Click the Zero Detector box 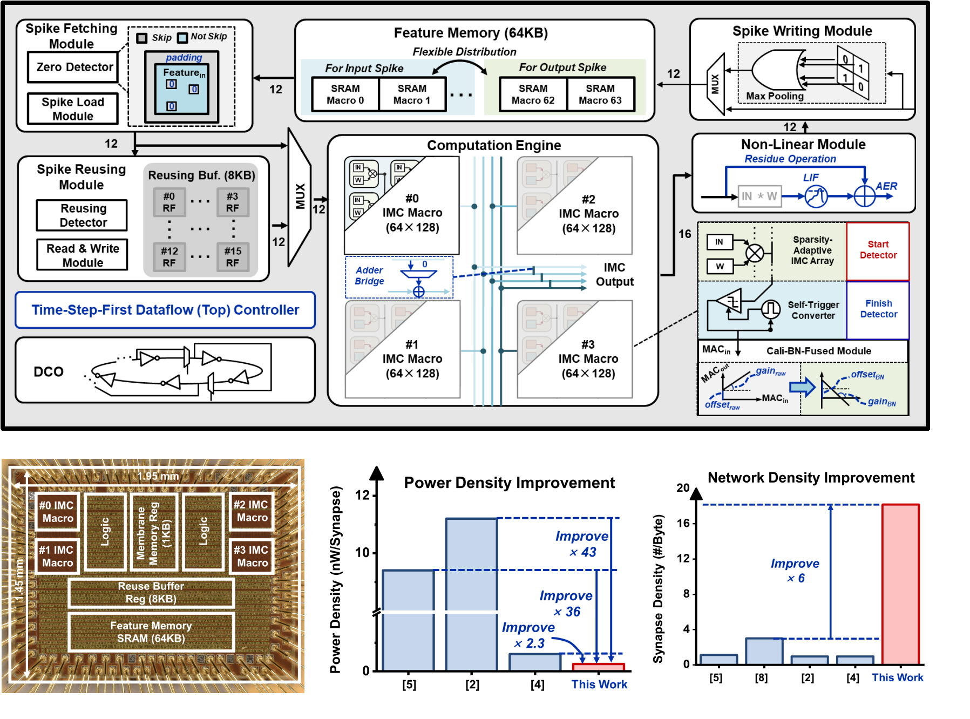[x=73, y=67]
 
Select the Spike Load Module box [x=73, y=109]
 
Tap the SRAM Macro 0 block [x=345, y=94]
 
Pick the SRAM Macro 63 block [x=600, y=94]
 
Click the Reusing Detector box [x=82, y=215]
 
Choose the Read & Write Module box [x=83, y=255]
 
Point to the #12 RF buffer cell [x=169, y=257]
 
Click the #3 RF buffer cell [x=233, y=202]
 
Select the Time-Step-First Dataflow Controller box [x=165, y=310]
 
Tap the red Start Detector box [x=878, y=250]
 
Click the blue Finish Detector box [x=878, y=309]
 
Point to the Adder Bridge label [x=370, y=276]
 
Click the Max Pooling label [x=775, y=96]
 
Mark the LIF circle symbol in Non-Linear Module [x=816, y=196]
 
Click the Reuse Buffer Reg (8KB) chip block [x=151, y=593]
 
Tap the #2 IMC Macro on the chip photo [x=251, y=511]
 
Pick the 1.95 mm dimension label [x=158, y=476]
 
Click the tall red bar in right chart [x=900, y=583]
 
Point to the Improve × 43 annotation [x=582, y=544]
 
